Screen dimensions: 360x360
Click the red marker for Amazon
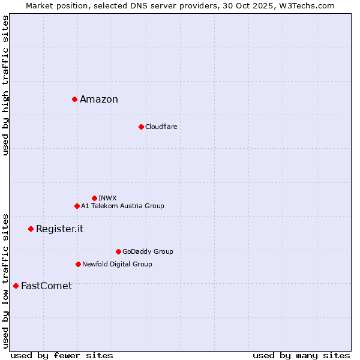tap(74, 99)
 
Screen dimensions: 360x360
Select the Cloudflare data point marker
tap(141, 127)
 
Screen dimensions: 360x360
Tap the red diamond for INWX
tap(94, 198)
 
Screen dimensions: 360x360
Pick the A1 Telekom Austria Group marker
tap(77, 206)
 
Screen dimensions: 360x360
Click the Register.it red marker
tap(31, 229)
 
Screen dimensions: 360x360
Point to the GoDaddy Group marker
tap(118, 251)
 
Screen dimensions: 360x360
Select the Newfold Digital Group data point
tap(78, 264)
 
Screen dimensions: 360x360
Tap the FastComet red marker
tap(16, 286)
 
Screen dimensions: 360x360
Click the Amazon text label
tap(99, 100)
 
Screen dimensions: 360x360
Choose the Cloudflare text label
tap(161, 127)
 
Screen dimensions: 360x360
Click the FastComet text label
tap(46, 286)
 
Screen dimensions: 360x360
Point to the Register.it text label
tap(59, 229)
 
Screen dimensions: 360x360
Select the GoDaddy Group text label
tap(148, 251)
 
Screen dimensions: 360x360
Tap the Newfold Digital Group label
tap(117, 264)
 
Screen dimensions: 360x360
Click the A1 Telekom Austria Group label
tap(122, 206)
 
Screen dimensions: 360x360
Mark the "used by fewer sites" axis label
tap(62, 356)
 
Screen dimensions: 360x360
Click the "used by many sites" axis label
tap(301, 356)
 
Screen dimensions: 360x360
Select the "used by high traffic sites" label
tap(6, 85)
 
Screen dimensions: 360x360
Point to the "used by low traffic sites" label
tap(6, 281)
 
